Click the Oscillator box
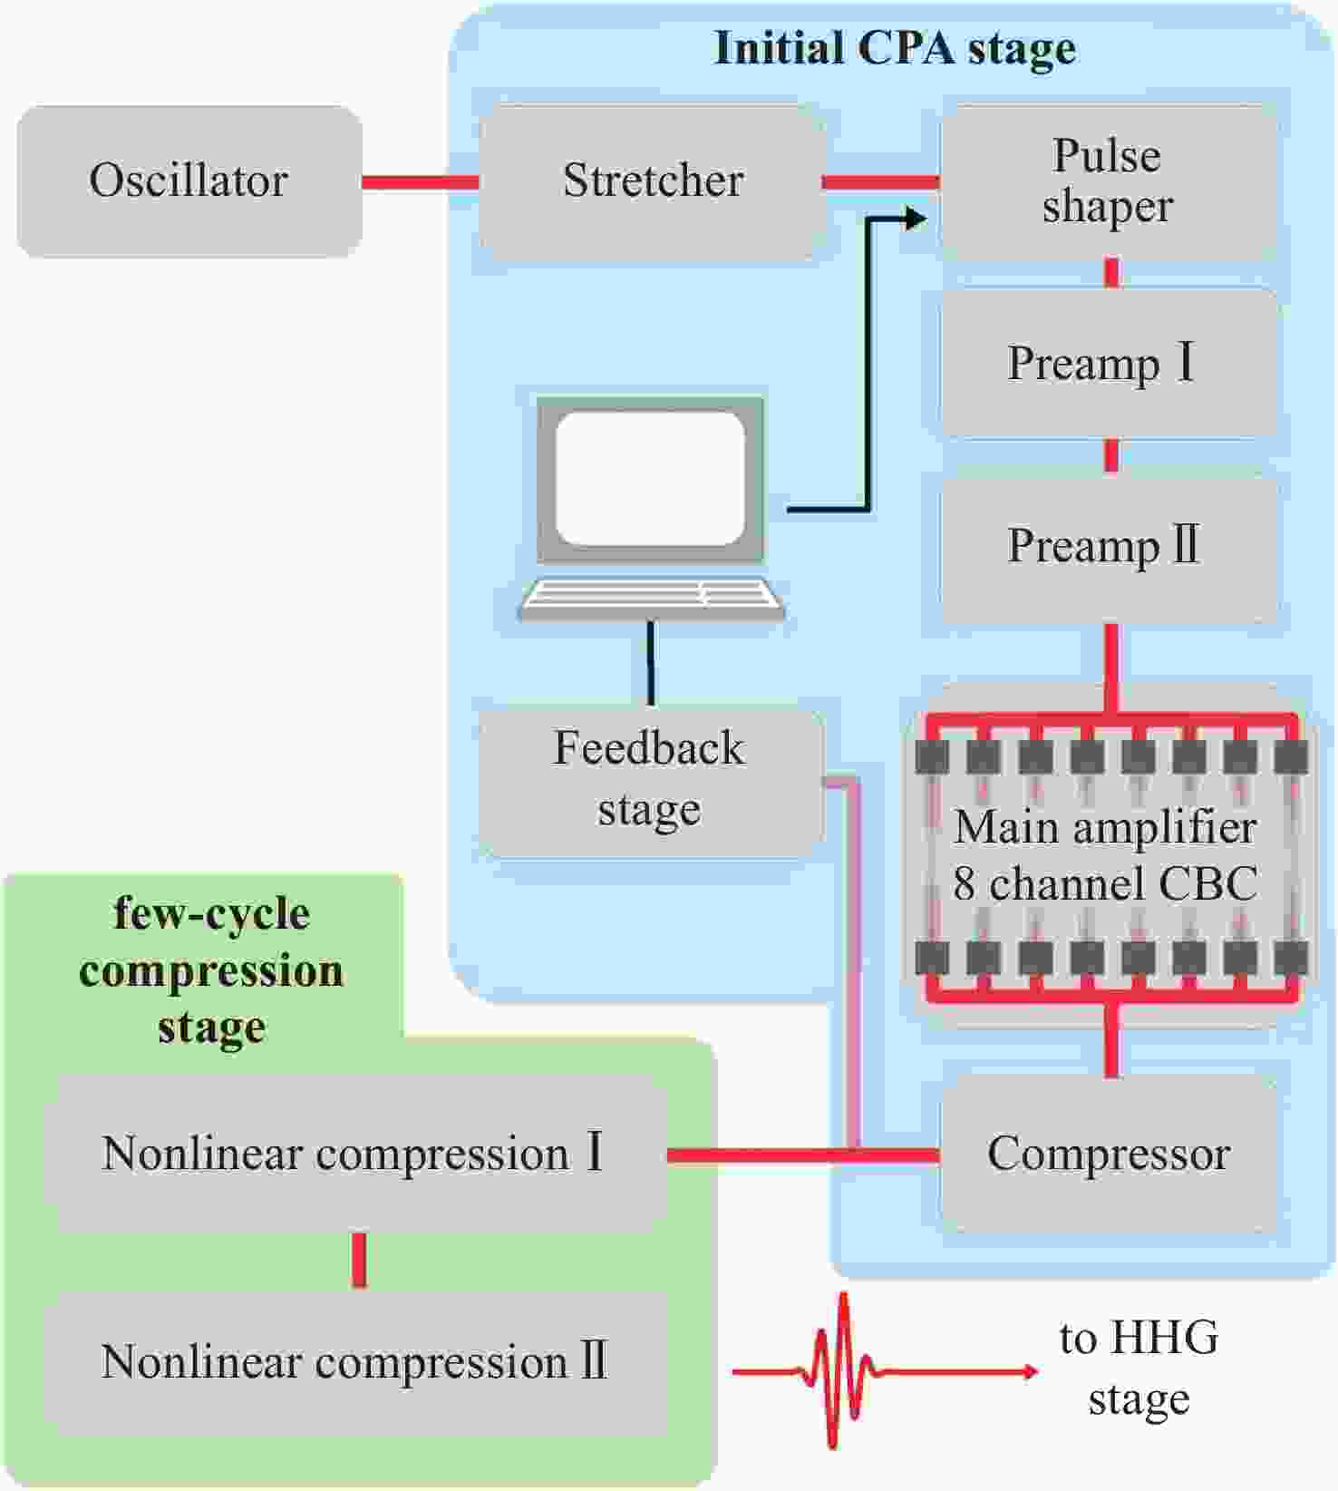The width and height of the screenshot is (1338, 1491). [189, 181]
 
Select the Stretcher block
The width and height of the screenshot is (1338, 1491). [653, 181]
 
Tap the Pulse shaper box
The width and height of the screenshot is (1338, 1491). [1108, 181]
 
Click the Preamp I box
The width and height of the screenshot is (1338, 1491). [1108, 364]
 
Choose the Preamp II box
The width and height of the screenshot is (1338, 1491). [1108, 547]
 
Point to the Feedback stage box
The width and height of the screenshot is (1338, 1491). [649, 780]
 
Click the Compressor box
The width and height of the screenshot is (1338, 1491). [1108, 1155]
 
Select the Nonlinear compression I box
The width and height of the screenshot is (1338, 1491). [354, 1155]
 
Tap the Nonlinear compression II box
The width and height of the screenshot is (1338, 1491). [354, 1362]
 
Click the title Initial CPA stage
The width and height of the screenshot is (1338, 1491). [895, 48]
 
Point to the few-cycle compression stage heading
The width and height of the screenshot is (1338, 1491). [211, 970]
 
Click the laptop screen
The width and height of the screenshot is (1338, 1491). [650, 478]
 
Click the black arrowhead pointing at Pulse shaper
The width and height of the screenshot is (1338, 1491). [916, 218]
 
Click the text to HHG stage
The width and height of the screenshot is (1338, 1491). [1139, 1368]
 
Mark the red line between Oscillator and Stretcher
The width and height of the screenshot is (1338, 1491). [420, 182]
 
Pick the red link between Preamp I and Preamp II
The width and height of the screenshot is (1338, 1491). [1111, 456]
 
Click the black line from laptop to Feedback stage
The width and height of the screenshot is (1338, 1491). [650, 662]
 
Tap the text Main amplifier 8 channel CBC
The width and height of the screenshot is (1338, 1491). [1106, 855]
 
